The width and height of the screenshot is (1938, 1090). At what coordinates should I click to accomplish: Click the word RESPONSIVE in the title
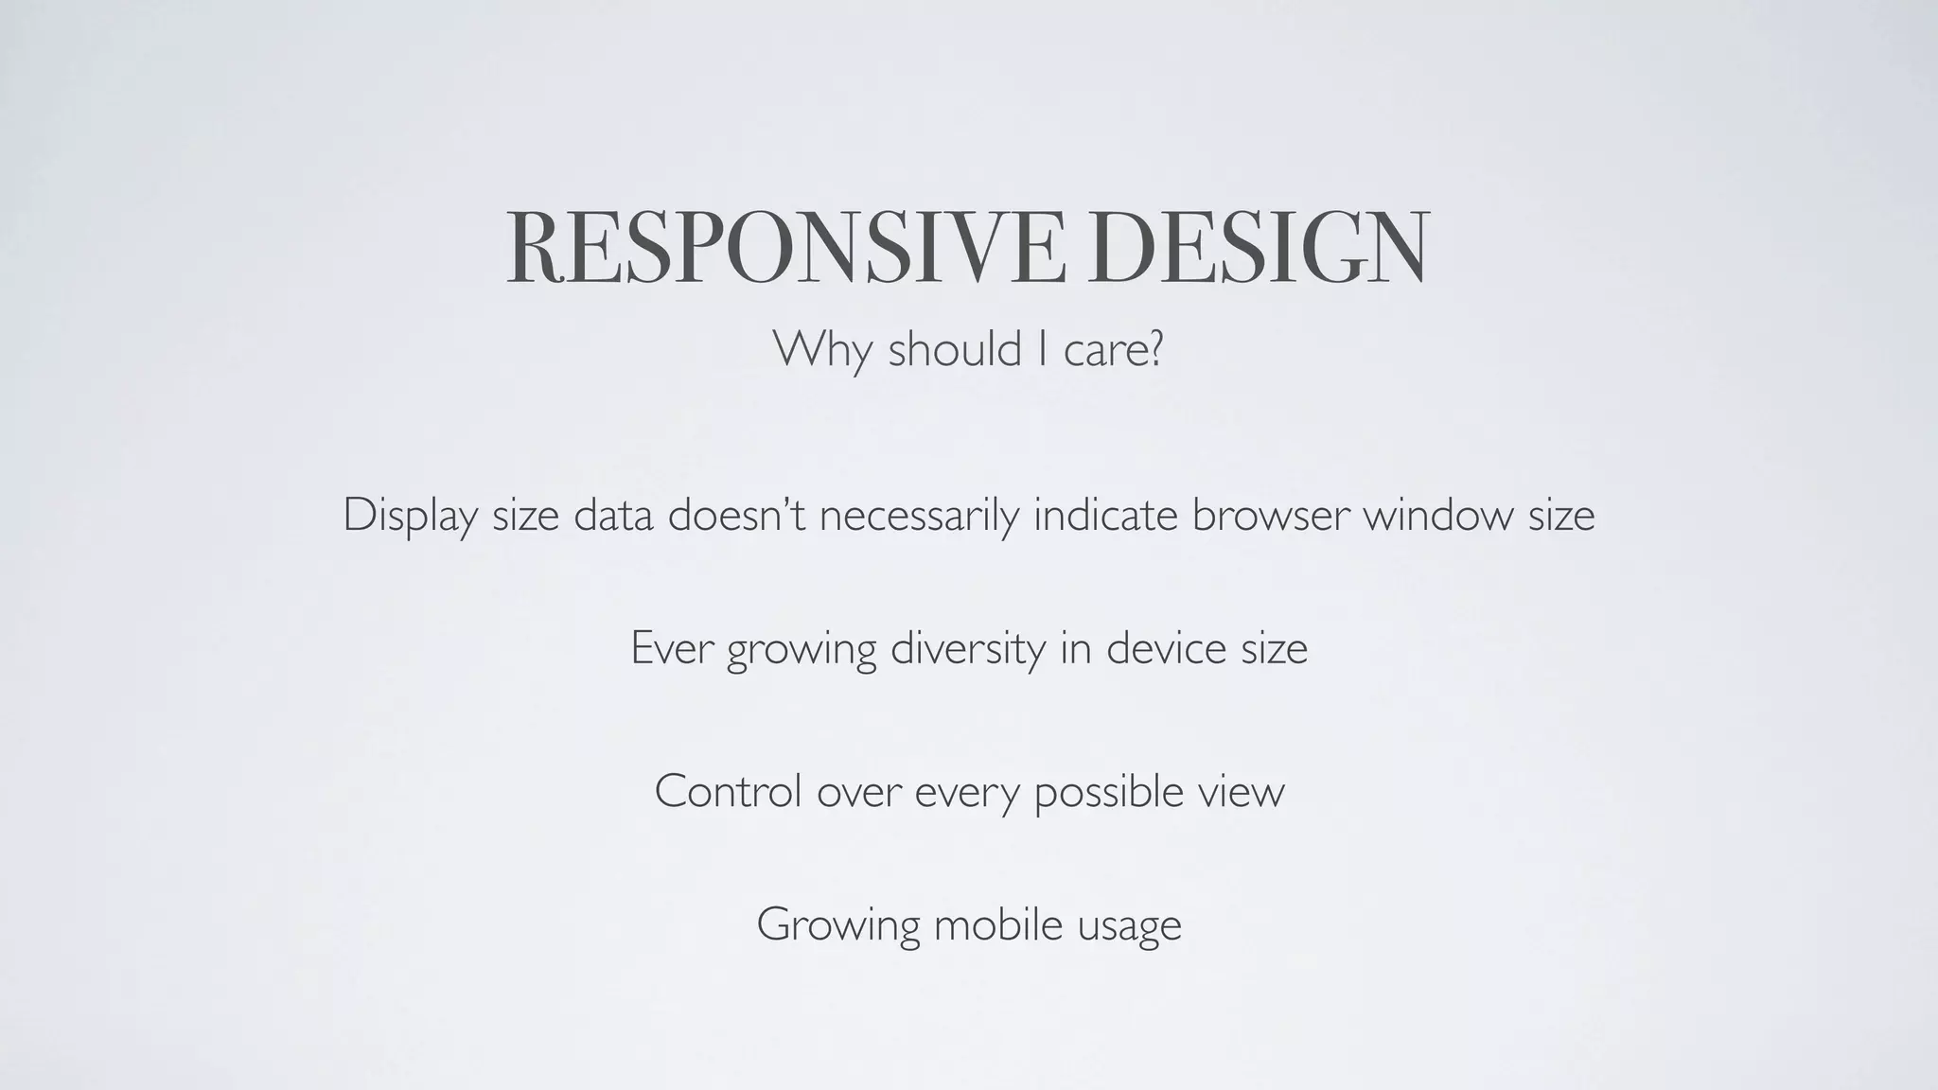[x=784, y=247]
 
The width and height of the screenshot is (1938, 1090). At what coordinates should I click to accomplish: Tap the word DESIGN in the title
[x=1258, y=247]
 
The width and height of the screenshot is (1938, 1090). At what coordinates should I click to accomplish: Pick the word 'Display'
[x=409, y=517]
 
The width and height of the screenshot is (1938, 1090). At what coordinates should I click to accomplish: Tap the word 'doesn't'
[x=736, y=515]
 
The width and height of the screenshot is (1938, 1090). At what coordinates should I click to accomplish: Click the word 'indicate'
[x=1104, y=515]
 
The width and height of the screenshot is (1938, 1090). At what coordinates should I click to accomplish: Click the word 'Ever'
[x=671, y=649]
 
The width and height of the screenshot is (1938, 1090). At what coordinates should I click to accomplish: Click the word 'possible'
[x=1108, y=792]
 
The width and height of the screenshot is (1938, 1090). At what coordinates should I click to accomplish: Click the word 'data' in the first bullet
[x=612, y=515]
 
